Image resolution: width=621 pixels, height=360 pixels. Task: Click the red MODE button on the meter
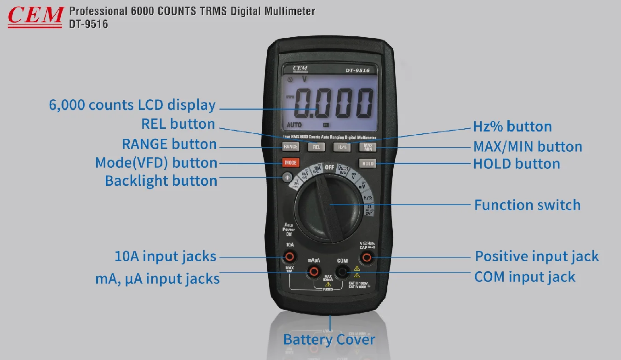pos(291,163)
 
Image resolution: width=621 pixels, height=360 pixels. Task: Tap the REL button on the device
pos(316,147)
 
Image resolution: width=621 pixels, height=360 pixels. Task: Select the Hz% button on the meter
pos(342,147)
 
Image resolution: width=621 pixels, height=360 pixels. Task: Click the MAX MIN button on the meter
pos(368,147)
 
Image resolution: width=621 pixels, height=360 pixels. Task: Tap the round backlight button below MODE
pos(288,177)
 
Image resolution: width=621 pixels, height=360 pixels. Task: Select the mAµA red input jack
pos(314,272)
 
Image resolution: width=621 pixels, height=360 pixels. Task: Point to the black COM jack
pos(342,272)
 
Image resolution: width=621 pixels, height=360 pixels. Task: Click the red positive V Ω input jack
pos(367,257)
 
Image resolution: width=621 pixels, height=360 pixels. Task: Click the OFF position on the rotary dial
pos(329,167)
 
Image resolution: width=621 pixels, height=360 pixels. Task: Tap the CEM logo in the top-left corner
pos(35,16)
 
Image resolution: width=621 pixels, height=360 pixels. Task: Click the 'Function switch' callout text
pos(527,205)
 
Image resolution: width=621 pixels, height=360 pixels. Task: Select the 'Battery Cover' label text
pos(329,340)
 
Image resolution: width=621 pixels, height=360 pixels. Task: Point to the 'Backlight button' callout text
pos(161,181)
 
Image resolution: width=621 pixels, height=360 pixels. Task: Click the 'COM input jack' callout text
pos(524,277)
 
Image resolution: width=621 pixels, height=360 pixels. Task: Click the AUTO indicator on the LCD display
pos(294,125)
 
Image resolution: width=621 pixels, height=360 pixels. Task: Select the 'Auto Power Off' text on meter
pos(289,229)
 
